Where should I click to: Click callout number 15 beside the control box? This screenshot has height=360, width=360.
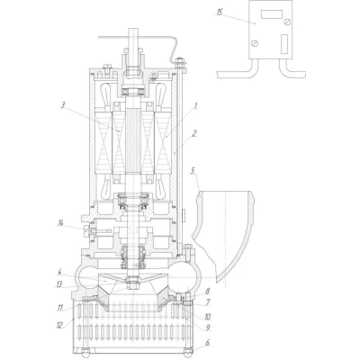pyautogui.click(x=220, y=13)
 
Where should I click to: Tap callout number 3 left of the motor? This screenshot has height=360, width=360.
pyautogui.click(x=63, y=105)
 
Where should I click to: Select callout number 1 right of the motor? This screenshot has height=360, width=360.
pyautogui.click(x=195, y=105)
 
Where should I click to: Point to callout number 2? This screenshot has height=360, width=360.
pyautogui.click(x=194, y=133)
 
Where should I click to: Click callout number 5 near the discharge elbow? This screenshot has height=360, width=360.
pyautogui.click(x=193, y=171)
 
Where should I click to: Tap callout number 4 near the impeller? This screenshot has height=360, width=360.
pyautogui.click(x=59, y=272)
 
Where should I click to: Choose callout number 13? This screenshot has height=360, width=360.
pyautogui.click(x=59, y=284)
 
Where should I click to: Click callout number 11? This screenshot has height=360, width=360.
pyautogui.click(x=60, y=308)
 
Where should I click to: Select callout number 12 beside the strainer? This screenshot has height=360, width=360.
pyautogui.click(x=59, y=325)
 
